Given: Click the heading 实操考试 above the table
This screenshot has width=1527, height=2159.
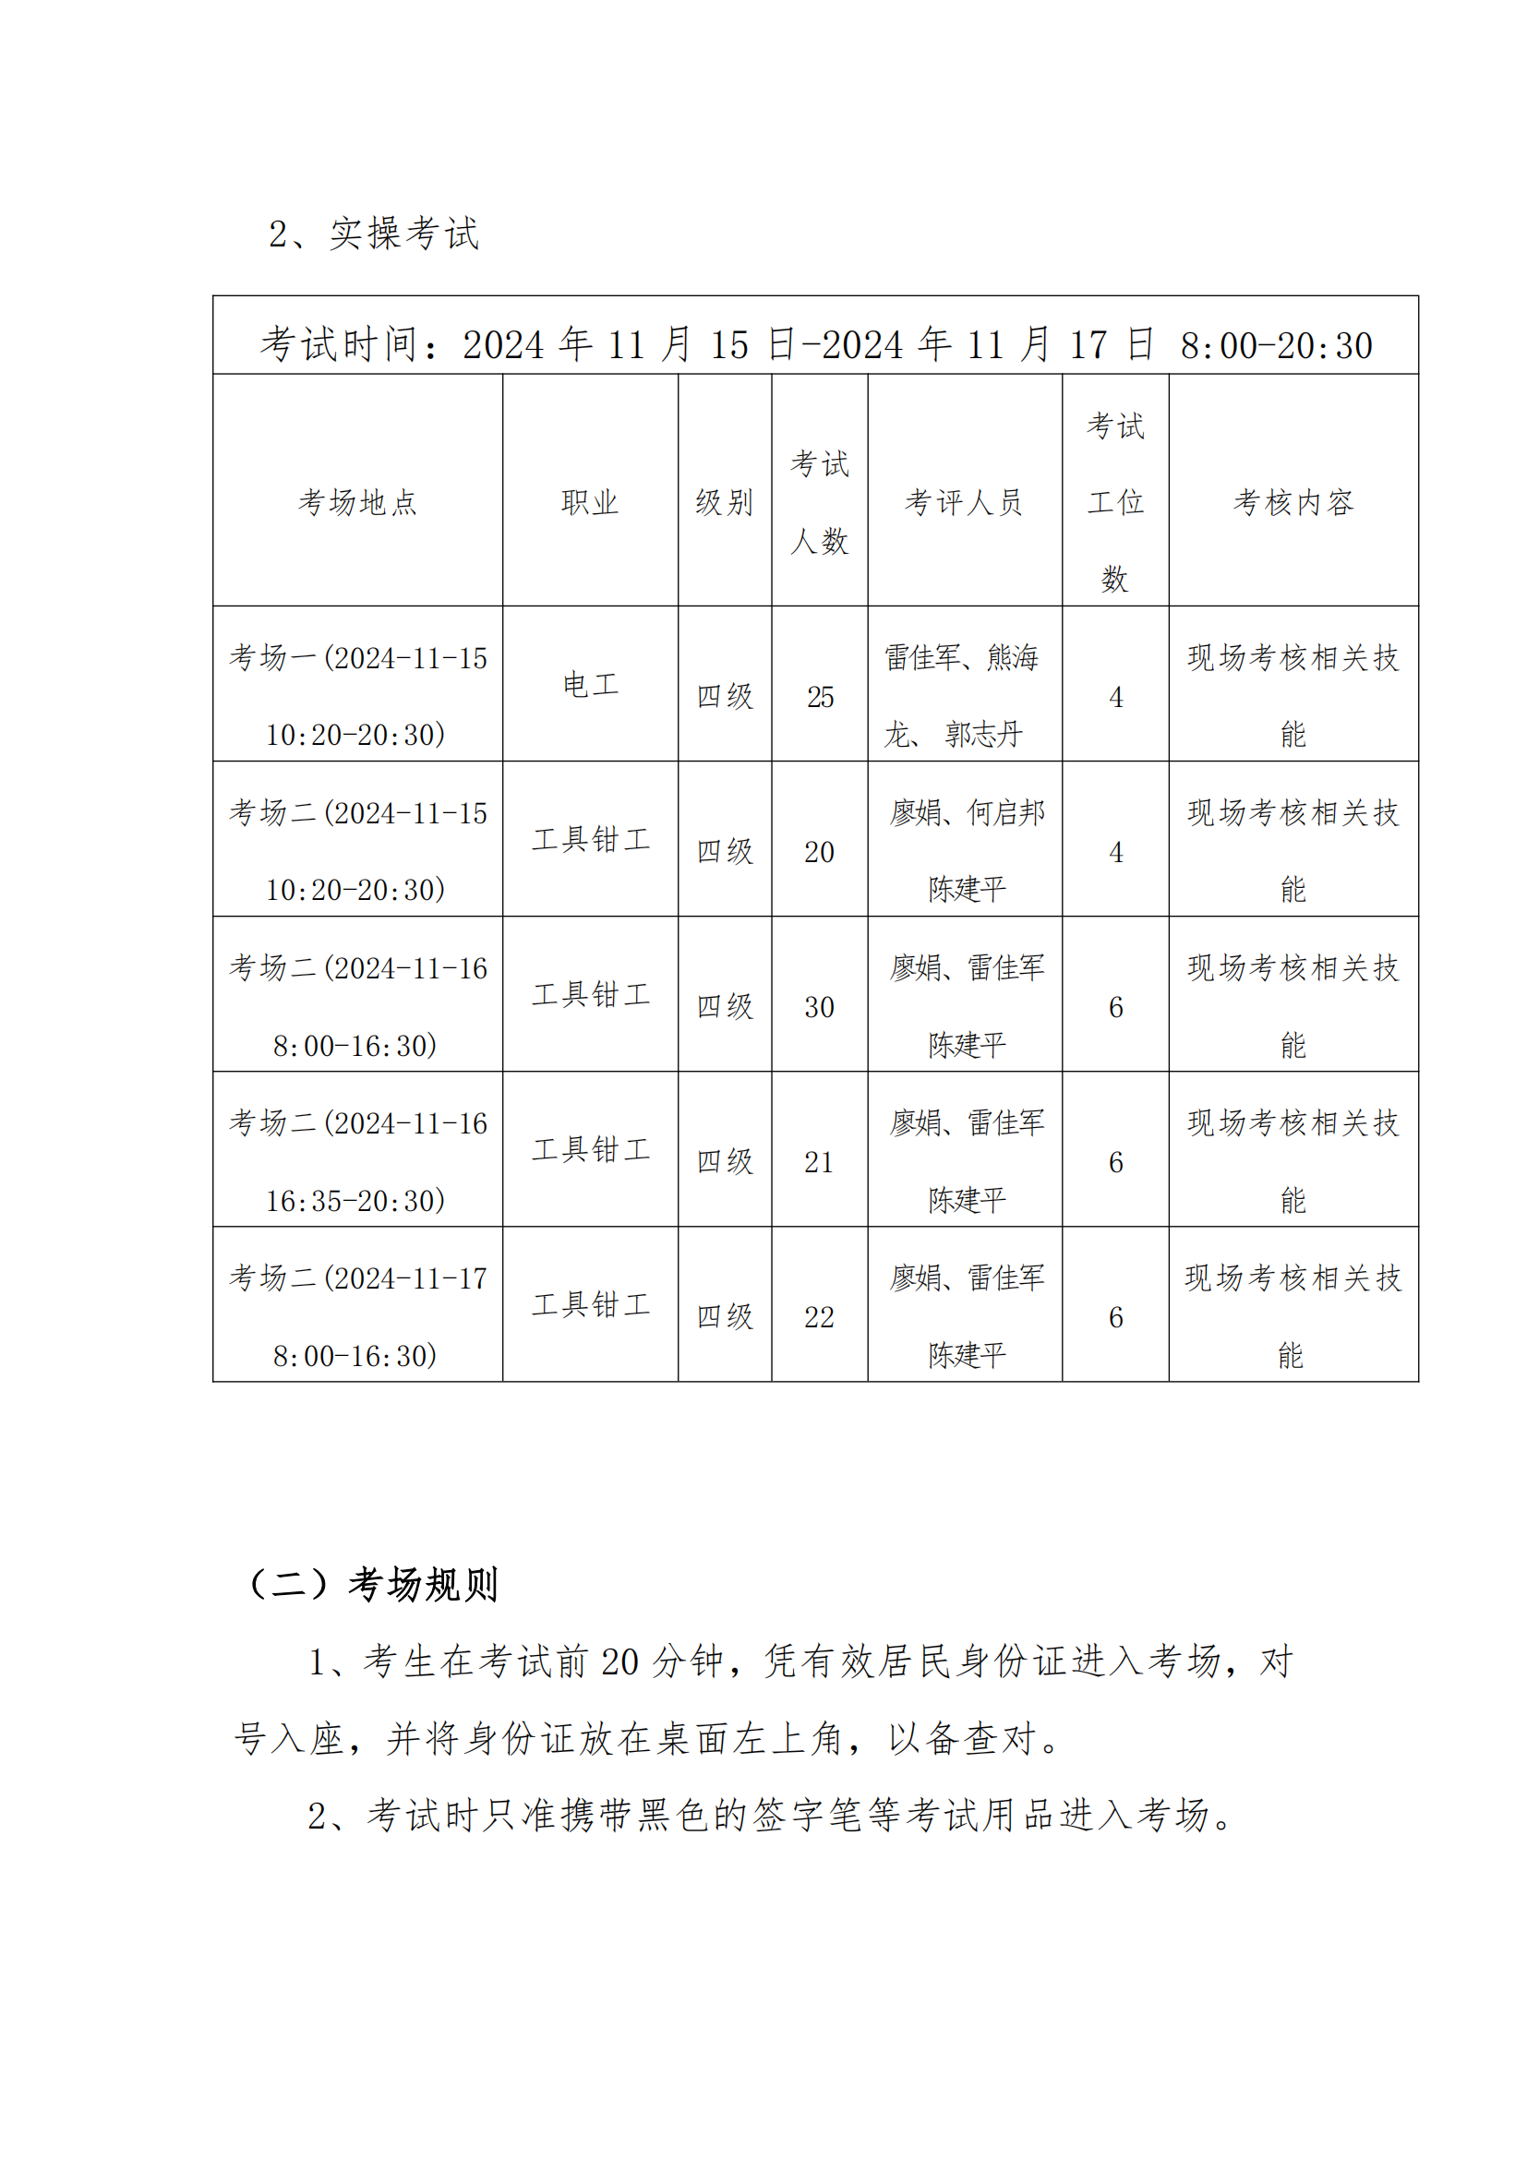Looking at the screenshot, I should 404,234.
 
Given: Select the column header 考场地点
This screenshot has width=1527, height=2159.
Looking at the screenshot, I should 357,502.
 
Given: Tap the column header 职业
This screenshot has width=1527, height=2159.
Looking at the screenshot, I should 590,502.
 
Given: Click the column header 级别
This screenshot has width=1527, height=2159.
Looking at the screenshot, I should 724,502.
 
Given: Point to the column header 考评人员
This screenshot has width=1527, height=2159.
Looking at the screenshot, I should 964,502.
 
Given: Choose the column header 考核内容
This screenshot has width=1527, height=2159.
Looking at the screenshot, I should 1293,502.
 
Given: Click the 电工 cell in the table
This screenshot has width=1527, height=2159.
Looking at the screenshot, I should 590,685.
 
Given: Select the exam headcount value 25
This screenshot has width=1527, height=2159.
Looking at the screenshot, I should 820,697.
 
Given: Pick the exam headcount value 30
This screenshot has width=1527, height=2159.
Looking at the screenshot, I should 819,1007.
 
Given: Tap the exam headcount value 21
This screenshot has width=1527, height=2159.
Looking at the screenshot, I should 819,1162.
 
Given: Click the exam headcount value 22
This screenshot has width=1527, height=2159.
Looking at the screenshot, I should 819,1317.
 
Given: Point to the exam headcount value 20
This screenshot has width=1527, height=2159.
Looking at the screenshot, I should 819,852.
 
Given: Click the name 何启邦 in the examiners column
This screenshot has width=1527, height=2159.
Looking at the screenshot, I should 1006,812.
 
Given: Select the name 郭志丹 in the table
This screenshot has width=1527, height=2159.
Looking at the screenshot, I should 983,735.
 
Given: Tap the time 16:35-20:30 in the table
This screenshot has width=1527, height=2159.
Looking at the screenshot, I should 355,1201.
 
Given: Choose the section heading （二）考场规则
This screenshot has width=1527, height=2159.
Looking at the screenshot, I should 370,1585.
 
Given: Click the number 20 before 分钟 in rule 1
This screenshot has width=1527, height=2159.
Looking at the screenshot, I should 619,1662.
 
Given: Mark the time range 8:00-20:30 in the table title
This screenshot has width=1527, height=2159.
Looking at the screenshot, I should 1276,346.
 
